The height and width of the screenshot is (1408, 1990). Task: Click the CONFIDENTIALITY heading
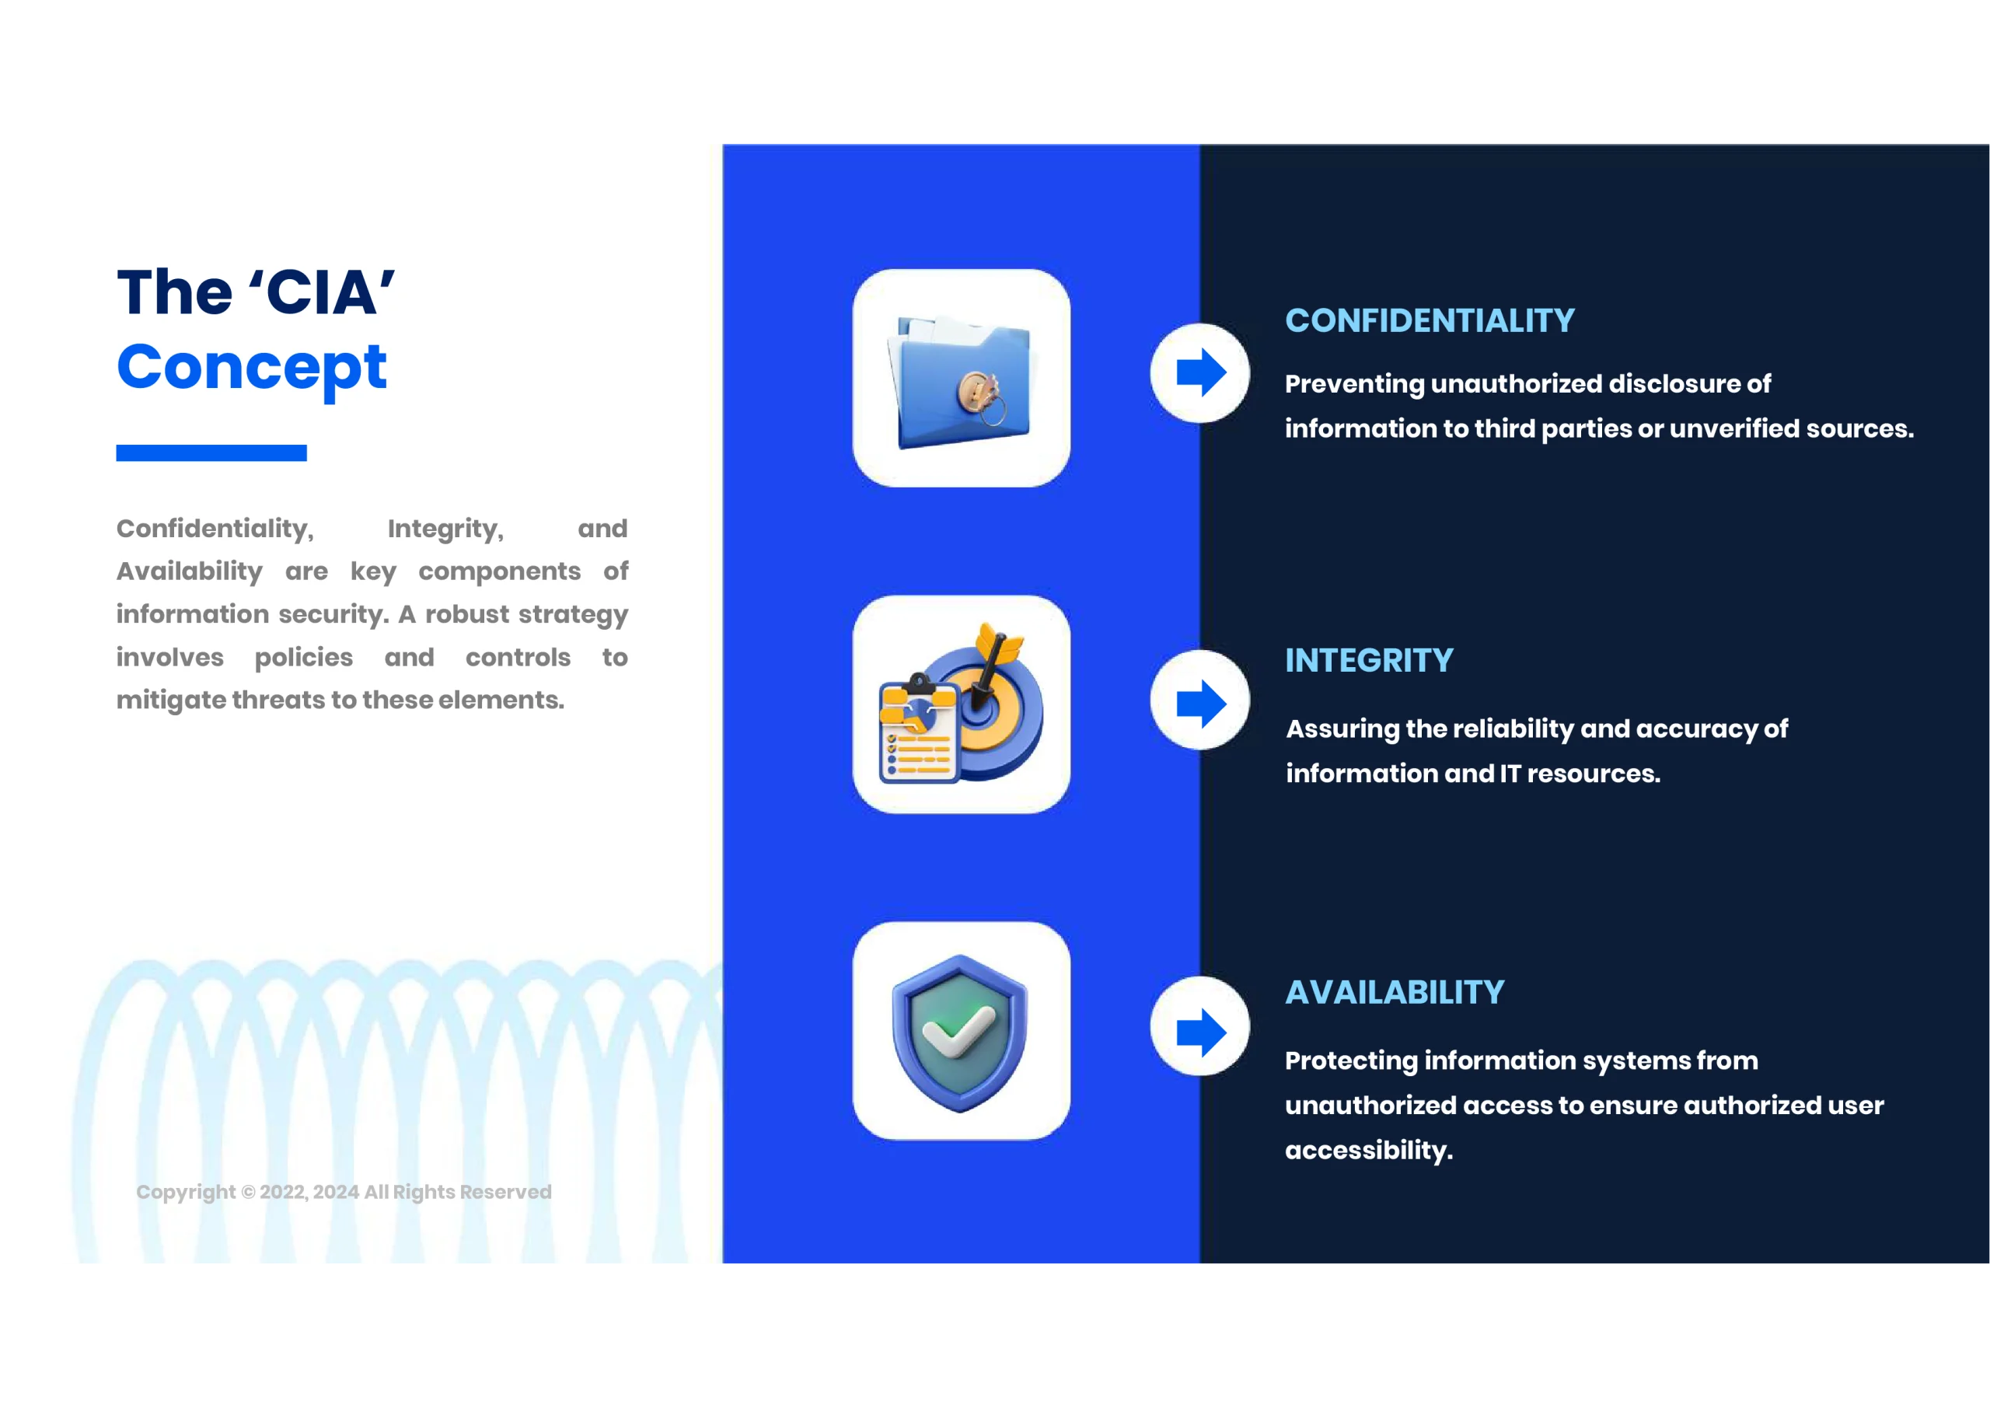point(1430,321)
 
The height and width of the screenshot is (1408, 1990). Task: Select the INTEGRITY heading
point(1369,661)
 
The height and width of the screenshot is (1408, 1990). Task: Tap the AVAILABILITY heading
point(1395,993)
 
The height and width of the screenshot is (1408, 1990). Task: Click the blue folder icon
point(960,382)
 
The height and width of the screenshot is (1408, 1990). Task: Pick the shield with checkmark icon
point(960,1032)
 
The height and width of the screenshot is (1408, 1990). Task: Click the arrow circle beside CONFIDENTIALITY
point(1199,373)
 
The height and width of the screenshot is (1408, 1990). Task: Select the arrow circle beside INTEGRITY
point(1199,700)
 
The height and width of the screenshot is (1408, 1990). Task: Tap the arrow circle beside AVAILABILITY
point(1199,1026)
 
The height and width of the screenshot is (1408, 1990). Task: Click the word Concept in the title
point(251,369)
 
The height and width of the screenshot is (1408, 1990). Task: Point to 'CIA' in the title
point(322,292)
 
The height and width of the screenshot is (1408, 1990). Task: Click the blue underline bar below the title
point(211,452)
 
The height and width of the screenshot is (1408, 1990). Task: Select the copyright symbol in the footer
point(248,1192)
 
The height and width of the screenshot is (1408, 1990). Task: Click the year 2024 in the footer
point(335,1192)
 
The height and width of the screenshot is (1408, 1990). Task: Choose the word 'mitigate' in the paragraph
point(170,701)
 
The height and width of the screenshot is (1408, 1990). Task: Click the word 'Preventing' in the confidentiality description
point(1355,384)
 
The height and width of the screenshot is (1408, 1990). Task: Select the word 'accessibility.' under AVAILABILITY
point(1369,1151)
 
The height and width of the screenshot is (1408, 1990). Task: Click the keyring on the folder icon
point(982,397)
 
